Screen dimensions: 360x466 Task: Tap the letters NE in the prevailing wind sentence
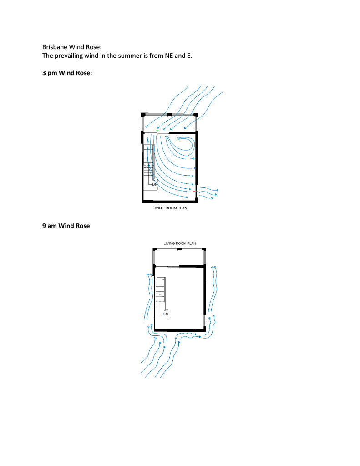(x=169, y=56)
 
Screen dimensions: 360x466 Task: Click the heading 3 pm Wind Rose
(x=67, y=73)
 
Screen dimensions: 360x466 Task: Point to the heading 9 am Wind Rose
(x=66, y=226)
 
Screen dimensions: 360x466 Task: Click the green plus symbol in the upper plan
(x=157, y=131)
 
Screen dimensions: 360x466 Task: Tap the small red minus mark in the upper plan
(x=194, y=192)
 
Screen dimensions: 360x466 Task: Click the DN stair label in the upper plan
(x=155, y=185)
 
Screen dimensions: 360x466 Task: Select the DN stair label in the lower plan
(x=166, y=314)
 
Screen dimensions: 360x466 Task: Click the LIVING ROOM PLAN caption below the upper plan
(x=170, y=208)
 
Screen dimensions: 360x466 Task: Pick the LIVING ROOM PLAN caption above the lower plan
(x=180, y=243)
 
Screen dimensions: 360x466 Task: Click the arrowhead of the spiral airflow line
(x=178, y=138)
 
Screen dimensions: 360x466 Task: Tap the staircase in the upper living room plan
(x=150, y=167)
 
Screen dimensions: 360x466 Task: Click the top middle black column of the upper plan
(x=169, y=114)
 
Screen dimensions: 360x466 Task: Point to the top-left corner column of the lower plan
(x=155, y=249)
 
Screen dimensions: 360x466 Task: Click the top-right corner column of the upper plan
(x=196, y=115)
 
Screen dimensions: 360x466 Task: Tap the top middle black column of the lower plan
(x=179, y=249)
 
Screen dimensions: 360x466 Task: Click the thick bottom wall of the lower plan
(x=180, y=330)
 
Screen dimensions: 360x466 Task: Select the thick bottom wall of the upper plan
(x=170, y=202)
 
